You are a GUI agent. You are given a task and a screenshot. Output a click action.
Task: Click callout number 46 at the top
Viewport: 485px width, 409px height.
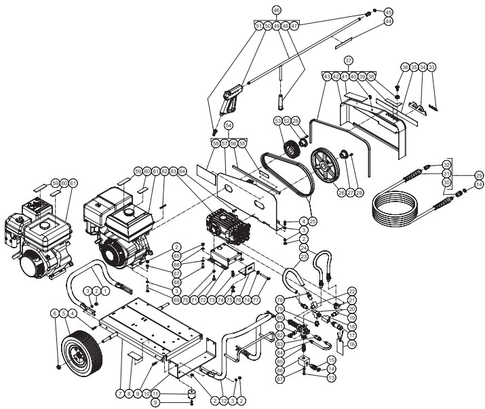pyautogui.click(x=276, y=10)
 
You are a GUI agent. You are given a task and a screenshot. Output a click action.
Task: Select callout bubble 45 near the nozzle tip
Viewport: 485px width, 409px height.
pyautogui.click(x=388, y=12)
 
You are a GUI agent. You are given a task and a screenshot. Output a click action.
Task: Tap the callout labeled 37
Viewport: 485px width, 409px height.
pyautogui.click(x=348, y=61)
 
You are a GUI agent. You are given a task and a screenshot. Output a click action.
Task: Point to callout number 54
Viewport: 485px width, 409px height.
pyautogui.click(x=229, y=125)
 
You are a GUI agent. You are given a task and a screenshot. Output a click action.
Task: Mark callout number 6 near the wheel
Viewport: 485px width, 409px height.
pyautogui.click(x=54, y=313)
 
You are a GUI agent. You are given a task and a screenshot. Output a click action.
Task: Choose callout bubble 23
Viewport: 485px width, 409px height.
pyautogui.click(x=304, y=257)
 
